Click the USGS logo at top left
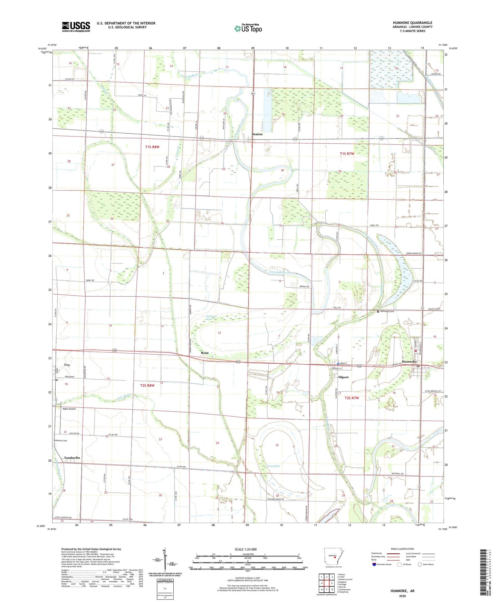tap(76, 26)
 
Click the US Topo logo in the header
tap(248, 28)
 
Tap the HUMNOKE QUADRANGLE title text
tap(412, 23)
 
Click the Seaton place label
tap(257, 134)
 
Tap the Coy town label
tap(67, 365)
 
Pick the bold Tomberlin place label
tap(72, 458)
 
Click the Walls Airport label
tap(69, 409)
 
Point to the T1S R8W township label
tap(152, 147)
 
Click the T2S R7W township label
tap(352, 398)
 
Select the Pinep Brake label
tap(274, 466)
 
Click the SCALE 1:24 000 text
tap(246, 549)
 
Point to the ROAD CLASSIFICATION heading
tap(403, 549)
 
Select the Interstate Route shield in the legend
tap(374, 564)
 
